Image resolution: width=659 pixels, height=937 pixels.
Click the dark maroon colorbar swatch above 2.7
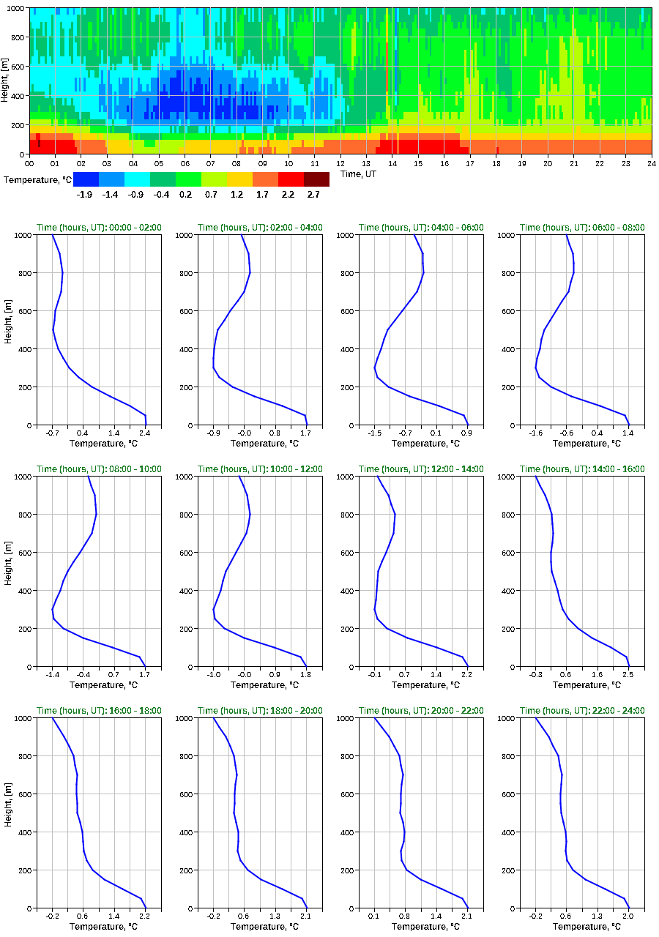pos(316,179)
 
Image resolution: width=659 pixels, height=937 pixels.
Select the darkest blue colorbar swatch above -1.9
pos(86,179)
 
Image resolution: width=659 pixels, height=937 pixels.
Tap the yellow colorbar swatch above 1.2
pos(239,179)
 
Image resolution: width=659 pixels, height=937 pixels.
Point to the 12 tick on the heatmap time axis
pos(340,163)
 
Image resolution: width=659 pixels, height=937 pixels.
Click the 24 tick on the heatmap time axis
pos(651,163)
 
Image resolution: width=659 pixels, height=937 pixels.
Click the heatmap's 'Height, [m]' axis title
pos(6,81)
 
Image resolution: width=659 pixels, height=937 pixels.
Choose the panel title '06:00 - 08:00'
pos(583,228)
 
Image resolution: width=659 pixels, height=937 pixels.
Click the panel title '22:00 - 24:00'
pos(583,711)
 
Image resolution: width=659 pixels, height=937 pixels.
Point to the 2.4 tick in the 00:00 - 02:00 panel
pos(145,433)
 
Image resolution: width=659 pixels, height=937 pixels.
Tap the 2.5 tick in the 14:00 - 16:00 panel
pos(628,675)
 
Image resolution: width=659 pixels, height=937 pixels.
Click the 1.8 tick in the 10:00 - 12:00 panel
pos(305,675)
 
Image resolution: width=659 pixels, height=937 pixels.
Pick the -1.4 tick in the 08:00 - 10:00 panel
pos(53,675)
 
